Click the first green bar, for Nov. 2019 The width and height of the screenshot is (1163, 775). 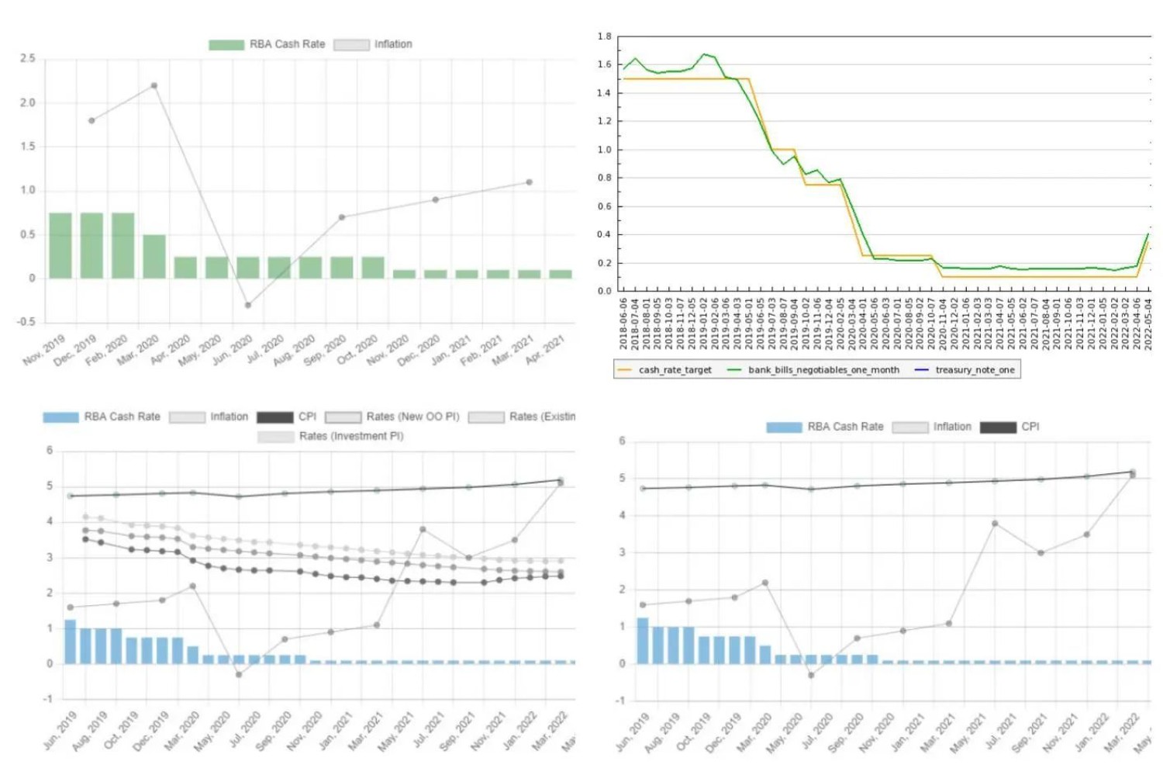tap(60, 245)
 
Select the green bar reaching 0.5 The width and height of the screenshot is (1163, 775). tap(154, 256)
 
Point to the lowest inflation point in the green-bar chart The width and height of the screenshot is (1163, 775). tap(248, 305)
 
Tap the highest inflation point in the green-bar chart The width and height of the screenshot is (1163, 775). tap(154, 85)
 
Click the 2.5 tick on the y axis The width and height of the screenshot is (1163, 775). tap(28, 58)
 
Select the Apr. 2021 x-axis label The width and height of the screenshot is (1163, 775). tap(546, 349)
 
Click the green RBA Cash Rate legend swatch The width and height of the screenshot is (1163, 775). tap(226, 45)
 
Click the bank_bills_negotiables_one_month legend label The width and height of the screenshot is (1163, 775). tap(823, 370)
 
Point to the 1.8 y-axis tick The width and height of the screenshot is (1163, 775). tap(605, 36)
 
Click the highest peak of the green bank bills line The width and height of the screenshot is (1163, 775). tap(704, 54)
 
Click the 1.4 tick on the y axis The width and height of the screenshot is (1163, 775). tap(605, 93)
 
